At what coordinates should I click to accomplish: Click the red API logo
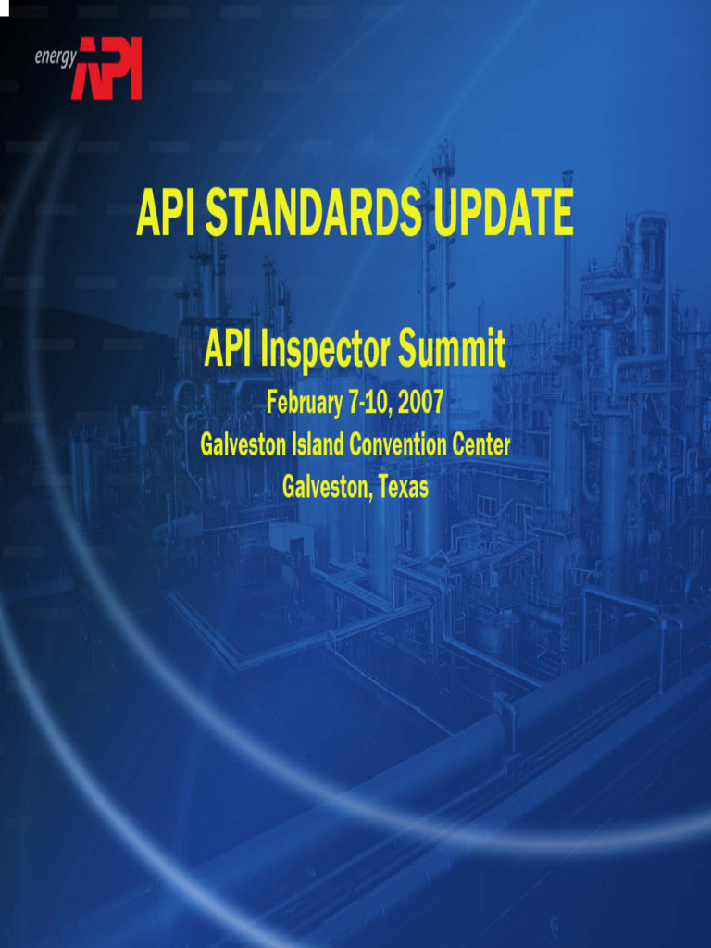click(106, 69)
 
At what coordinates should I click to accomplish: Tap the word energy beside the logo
click(56, 57)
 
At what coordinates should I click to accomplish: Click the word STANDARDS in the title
click(313, 213)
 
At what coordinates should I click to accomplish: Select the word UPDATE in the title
click(504, 212)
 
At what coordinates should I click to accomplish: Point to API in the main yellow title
click(165, 213)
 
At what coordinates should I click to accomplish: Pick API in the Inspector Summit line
click(228, 348)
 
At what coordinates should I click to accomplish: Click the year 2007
click(421, 402)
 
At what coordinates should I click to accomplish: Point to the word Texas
click(404, 487)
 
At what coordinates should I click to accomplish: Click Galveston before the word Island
click(243, 445)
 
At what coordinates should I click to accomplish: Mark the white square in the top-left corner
click(5, 7)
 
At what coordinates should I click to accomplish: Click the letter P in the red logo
click(113, 68)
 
